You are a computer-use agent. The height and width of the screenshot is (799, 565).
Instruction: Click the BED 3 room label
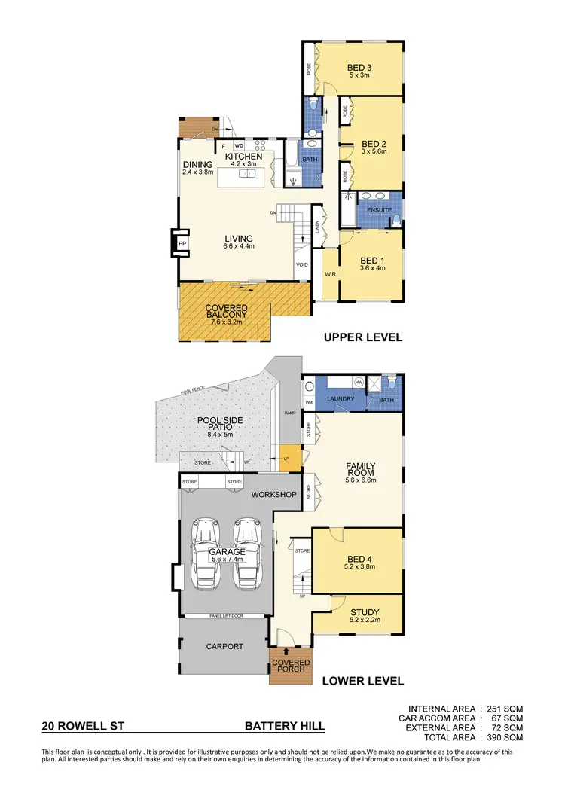click(359, 67)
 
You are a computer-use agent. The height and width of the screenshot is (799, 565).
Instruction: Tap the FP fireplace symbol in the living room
click(182, 244)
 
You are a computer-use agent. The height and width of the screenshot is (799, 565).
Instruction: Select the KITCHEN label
click(243, 156)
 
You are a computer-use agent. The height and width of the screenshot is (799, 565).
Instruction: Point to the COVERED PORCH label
click(291, 667)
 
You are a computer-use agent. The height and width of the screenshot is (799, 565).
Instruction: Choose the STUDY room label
click(365, 612)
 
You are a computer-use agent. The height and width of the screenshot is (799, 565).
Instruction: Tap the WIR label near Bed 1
click(330, 275)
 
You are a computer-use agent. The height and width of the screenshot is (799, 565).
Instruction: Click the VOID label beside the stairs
click(302, 264)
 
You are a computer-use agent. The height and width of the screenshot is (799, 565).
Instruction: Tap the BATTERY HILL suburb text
click(285, 727)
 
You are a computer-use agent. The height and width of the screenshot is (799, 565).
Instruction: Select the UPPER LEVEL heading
click(362, 337)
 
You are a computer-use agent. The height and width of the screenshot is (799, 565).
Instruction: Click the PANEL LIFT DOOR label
click(224, 616)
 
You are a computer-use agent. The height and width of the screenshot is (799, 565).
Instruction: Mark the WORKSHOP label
click(271, 495)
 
